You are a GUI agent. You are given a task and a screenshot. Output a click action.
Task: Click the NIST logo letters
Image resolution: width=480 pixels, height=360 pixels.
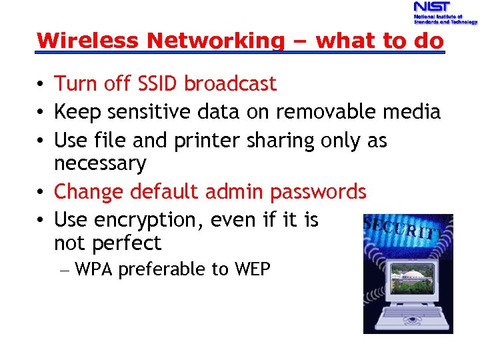[x=431, y=7]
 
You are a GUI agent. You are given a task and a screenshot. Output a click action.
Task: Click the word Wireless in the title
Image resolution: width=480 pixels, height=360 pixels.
[x=89, y=41]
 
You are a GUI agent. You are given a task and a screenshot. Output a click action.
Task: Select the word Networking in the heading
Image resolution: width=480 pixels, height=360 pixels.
[x=215, y=41]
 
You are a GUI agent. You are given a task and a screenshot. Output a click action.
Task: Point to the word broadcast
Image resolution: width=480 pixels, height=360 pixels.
[x=230, y=84]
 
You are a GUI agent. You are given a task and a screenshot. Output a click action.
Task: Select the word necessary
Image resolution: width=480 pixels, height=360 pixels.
[x=100, y=164]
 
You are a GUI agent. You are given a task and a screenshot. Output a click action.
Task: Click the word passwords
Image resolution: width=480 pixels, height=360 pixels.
[x=318, y=192]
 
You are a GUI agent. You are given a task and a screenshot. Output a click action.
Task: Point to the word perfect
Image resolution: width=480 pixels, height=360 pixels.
[x=127, y=243]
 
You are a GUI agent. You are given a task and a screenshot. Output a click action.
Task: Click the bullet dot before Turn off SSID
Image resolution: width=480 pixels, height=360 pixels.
[x=41, y=85]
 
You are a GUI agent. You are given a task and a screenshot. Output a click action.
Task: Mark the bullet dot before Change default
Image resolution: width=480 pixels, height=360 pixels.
[x=41, y=193]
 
